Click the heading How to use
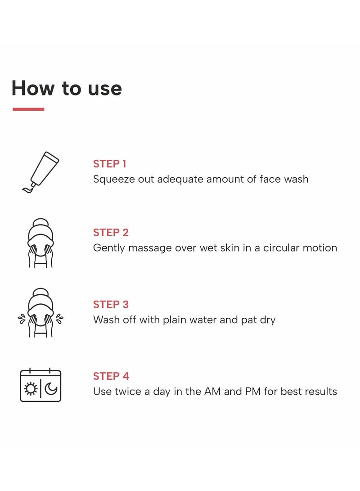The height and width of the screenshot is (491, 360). pyautogui.click(x=67, y=88)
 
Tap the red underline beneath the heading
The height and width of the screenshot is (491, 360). pyautogui.click(x=28, y=109)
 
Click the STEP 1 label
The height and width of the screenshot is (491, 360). pyautogui.click(x=109, y=164)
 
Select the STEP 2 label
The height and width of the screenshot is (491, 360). pyautogui.click(x=111, y=233)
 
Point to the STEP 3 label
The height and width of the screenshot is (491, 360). pyautogui.click(x=111, y=304)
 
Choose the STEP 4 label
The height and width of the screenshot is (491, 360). pyautogui.click(x=111, y=376)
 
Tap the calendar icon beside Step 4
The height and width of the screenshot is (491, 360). pyautogui.click(x=40, y=385)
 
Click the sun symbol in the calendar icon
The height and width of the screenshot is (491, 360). pyautogui.click(x=31, y=389)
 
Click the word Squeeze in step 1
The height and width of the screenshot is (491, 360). pyautogui.click(x=112, y=179)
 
